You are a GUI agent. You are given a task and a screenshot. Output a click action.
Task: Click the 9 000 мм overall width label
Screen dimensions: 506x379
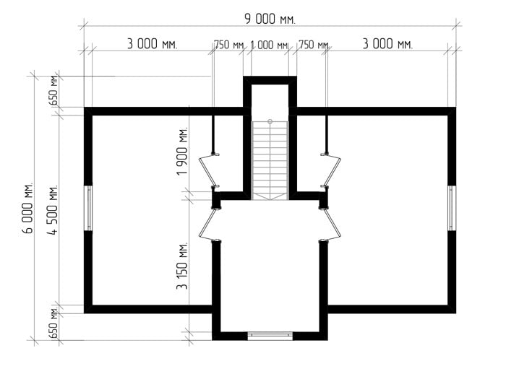point(270,19)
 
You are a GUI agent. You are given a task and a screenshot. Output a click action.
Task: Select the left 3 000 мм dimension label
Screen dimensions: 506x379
point(152,44)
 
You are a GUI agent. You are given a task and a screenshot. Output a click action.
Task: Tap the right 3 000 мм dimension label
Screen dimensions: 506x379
point(387,44)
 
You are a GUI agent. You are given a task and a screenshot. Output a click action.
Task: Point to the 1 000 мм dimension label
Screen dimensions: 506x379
point(269,45)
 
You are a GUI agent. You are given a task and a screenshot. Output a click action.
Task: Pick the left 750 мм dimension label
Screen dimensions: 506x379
point(229,45)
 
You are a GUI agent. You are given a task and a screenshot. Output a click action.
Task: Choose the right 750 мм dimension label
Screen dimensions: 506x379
point(314,45)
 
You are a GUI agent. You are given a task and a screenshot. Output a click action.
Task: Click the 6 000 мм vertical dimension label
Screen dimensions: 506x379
point(27,208)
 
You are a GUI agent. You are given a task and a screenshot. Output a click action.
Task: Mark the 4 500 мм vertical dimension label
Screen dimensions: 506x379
point(53,210)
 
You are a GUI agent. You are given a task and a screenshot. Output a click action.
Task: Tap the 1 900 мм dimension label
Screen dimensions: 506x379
point(182,151)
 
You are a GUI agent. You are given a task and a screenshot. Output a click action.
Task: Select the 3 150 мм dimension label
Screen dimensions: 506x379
point(182,266)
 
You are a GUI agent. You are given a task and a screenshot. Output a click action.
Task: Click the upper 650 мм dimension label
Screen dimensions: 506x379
point(53,90)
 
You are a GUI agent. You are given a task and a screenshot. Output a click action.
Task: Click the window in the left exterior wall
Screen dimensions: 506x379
point(88,208)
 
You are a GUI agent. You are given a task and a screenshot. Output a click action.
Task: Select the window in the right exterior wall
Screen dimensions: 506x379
point(452,208)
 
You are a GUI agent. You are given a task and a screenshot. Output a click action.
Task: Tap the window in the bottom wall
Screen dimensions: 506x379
point(270,336)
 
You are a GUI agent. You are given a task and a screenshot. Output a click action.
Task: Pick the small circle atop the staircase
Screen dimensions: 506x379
point(270,121)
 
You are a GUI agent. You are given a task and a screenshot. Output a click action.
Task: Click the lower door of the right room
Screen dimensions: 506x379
point(330,225)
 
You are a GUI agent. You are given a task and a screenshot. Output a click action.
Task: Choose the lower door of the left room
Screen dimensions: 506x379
point(209,225)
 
